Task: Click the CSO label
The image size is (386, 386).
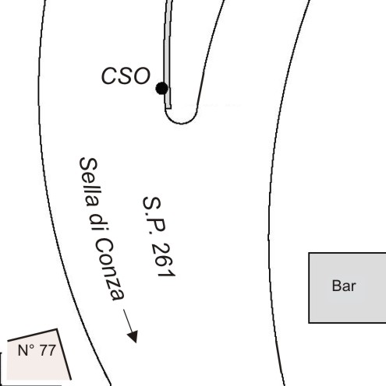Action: point(126,75)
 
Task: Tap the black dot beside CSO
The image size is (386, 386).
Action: point(162,88)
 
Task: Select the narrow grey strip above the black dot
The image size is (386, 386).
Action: point(168,52)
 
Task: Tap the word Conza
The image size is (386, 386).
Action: point(109,270)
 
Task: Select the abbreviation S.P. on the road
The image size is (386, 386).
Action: point(154,216)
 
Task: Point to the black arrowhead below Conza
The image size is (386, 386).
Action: point(133,336)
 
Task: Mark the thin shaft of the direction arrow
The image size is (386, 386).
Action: point(128,321)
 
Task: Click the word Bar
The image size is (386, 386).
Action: point(344,286)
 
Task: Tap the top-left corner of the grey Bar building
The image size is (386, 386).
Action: point(309,253)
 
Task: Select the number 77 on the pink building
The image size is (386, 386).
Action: point(48,350)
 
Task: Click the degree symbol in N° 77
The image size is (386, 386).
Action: point(33,347)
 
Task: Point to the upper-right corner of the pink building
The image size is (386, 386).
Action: point(57,329)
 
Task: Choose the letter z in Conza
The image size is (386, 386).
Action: point(115,282)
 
